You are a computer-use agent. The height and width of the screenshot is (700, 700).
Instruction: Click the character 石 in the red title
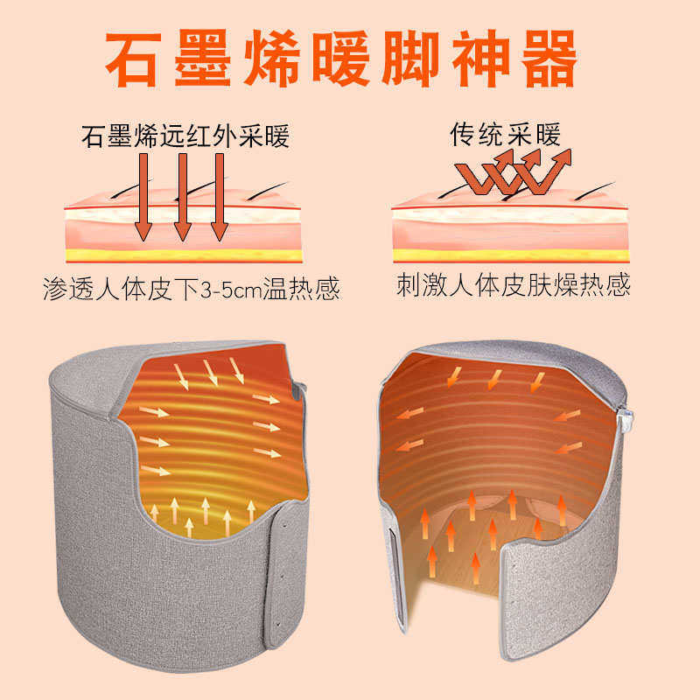(136, 59)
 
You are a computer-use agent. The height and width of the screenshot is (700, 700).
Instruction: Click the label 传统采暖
(505, 135)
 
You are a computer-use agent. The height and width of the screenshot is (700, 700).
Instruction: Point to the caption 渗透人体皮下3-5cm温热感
(191, 290)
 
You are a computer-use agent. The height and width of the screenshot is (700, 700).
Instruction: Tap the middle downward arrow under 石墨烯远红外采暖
(182, 196)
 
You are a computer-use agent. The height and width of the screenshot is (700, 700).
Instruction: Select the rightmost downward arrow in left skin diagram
(220, 196)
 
